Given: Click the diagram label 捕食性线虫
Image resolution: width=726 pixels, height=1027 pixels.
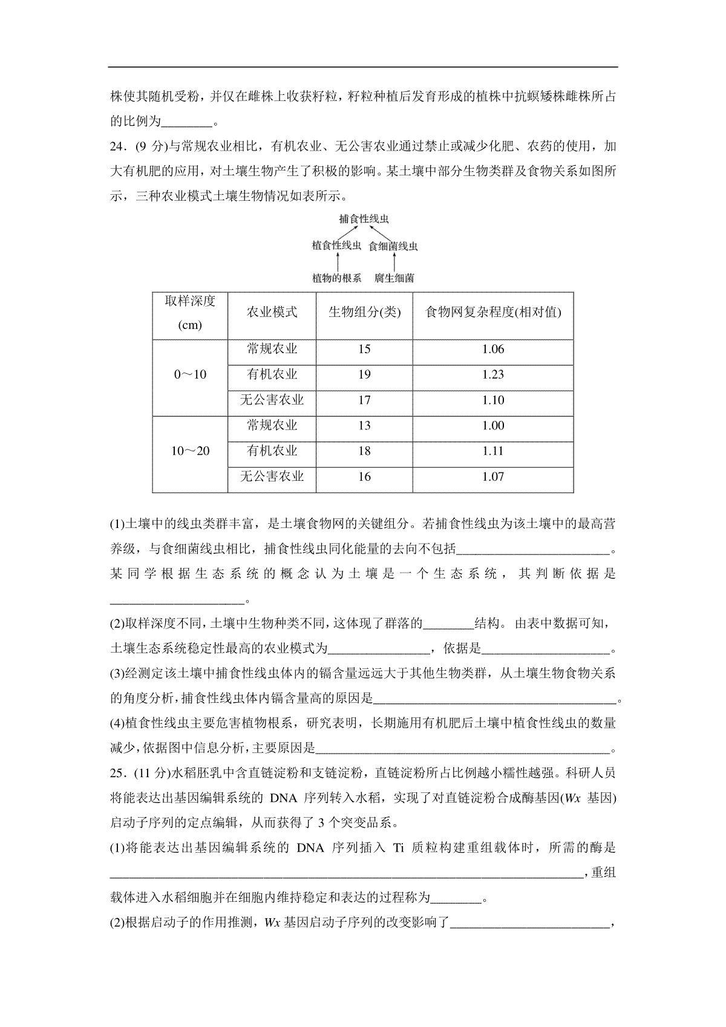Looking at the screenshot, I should pos(364,218).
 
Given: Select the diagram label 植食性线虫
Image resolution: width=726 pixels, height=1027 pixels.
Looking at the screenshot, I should pos(336,246).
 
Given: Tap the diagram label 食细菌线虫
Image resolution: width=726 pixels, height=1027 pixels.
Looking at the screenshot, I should pos(393,246).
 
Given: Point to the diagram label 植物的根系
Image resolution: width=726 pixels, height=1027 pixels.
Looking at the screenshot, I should pos(336,278).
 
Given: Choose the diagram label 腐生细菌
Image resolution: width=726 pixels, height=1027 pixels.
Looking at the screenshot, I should pos(394,278).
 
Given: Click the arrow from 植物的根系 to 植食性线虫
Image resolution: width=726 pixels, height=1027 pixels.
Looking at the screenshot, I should pos(336,262).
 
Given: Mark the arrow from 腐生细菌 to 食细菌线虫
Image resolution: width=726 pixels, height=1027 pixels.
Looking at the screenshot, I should pos(394,262).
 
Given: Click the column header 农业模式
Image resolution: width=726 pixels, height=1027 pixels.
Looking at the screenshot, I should pos(272,312).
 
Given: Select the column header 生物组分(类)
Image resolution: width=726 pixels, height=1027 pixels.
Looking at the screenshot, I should pos(364,312).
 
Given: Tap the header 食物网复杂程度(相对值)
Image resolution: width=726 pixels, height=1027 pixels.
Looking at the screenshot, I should pos(493,312).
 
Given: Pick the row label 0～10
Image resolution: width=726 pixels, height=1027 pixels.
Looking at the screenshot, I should pos(190,375).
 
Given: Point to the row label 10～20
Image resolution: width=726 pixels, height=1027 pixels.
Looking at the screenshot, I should pos(190,451).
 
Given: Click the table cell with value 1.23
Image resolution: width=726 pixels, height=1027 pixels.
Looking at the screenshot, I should pos(493,375).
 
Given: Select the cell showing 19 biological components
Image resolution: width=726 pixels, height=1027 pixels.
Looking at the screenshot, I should pos(364,375).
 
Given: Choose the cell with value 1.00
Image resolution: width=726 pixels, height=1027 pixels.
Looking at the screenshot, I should pos(493,426).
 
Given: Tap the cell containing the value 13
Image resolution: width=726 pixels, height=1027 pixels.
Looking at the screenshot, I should pos(364,426).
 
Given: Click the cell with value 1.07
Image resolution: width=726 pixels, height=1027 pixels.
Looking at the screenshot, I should pos(493,477).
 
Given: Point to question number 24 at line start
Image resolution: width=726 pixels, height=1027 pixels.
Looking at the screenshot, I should pos(118,147).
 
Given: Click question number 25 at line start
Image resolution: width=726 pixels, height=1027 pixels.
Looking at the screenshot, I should pos(118,773).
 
